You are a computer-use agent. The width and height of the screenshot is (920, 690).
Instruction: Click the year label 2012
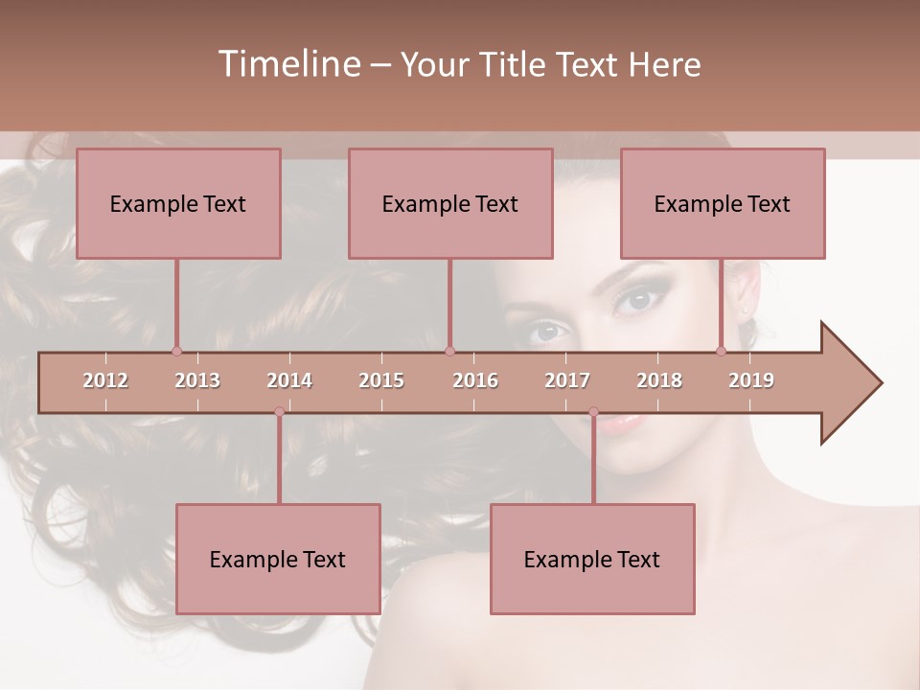click(105, 380)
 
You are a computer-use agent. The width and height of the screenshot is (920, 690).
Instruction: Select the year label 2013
click(197, 380)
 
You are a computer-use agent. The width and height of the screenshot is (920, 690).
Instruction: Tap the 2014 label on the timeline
click(289, 380)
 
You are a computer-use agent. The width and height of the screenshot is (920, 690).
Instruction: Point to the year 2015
click(381, 380)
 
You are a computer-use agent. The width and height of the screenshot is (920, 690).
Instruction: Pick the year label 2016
click(475, 380)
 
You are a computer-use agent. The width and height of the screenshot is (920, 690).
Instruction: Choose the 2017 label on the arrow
click(567, 380)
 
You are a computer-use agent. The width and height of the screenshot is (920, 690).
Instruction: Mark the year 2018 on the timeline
click(659, 380)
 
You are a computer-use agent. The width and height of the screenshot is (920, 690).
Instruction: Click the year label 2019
click(751, 380)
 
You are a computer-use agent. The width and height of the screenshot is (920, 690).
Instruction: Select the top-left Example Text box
click(178, 204)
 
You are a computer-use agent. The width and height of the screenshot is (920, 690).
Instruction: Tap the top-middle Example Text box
click(450, 204)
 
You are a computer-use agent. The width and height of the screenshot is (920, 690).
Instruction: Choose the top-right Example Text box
click(723, 204)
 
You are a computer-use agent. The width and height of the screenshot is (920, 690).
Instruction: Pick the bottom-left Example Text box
click(278, 560)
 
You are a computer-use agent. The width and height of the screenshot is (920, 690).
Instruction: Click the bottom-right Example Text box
click(592, 560)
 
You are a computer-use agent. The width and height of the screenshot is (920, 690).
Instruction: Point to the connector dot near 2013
click(176, 351)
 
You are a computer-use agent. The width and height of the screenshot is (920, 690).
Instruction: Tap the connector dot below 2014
click(279, 412)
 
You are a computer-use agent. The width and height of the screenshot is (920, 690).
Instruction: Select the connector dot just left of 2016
click(449, 351)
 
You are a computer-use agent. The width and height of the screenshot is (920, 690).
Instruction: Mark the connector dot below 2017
click(593, 412)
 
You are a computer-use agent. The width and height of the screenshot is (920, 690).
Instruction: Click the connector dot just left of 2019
click(722, 351)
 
